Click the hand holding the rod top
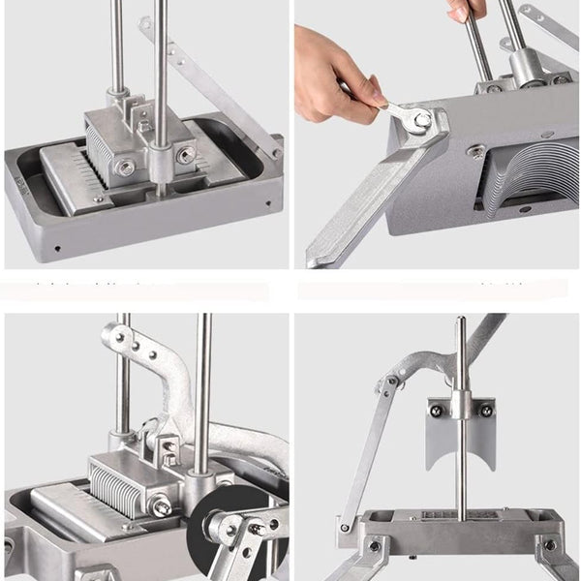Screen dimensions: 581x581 pyautogui.click(x=468, y=9)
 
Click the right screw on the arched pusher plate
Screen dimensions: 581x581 pyautogui.click(x=485, y=411)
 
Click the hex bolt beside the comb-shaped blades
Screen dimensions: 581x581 pyautogui.click(x=161, y=505)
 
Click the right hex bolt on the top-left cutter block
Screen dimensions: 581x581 pyautogui.click(x=185, y=156)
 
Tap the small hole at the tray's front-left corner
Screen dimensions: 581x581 pyautogui.click(x=57, y=247)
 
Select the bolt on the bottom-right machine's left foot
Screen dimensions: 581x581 pyautogui.click(x=374, y=546)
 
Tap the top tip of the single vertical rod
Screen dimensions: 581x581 pyautogui.click(x=461, y=321)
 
